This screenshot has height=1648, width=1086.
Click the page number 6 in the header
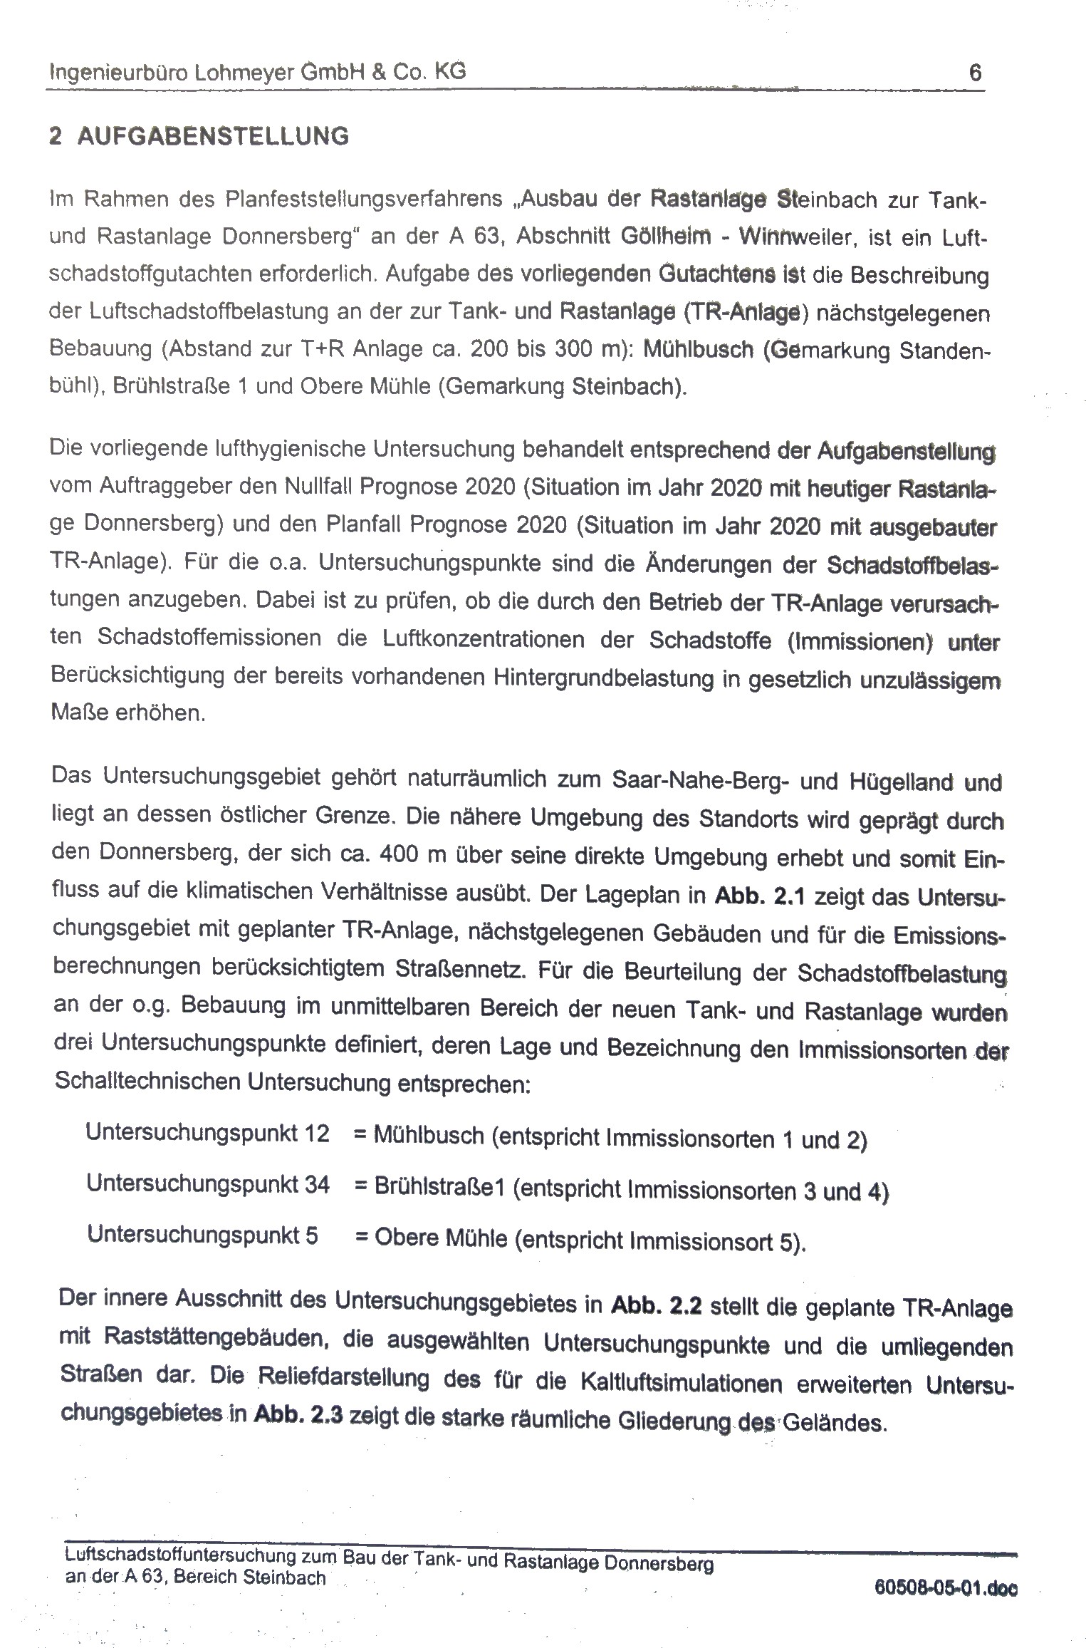click(x=975, y=73)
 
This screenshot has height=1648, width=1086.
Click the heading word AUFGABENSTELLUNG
click(x=213, y=136)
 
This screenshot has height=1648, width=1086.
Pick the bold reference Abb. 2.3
click(x=298, y=1416)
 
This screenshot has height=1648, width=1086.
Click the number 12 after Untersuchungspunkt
click(x=316, y=1132)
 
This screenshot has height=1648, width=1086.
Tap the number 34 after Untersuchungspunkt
click(x=317, y=1184)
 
